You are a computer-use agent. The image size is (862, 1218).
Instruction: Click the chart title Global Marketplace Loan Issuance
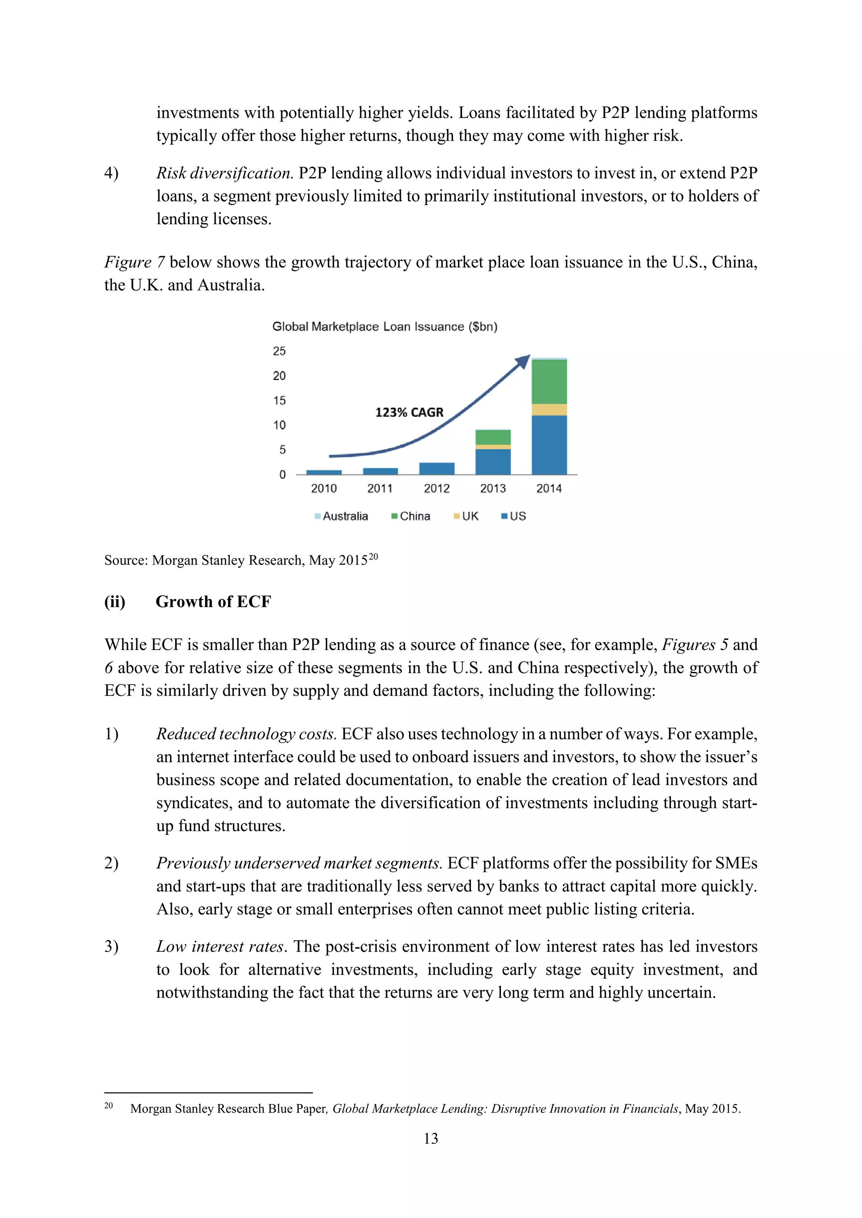pos(384,327)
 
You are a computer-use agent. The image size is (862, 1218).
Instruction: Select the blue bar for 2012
pos(436,468)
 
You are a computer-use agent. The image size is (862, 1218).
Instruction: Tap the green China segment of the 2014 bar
pos(549,382)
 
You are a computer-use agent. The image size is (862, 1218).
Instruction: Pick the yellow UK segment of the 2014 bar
pos(549,409)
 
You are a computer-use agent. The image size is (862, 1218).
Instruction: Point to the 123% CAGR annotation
pos(409,412)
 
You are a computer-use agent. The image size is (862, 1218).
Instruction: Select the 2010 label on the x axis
pos(324,488)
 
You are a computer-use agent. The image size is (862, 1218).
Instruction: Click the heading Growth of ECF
pos(213,602)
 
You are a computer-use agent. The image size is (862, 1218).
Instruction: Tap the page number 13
pos(431,1138)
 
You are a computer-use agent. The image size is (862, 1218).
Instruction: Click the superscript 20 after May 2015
pos(373,557)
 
